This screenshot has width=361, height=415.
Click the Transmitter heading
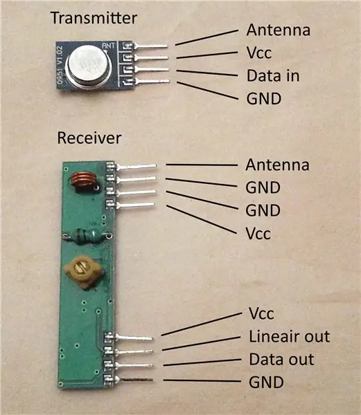(94, 18)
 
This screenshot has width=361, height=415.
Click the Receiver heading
(89, 138)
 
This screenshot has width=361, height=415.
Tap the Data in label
(273, 75)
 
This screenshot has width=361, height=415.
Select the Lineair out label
(290, 336)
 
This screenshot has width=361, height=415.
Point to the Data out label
(281, 360)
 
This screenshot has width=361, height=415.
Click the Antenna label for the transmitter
(279, 30)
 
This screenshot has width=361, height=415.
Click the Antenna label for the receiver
(278, 165)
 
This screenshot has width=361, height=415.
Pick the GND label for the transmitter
(264, 99)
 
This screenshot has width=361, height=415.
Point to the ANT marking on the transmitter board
(108, 46)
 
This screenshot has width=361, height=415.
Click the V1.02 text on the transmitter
(60, 55)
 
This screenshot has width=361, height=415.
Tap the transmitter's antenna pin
(152, 46)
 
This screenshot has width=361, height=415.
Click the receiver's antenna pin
(137, 167)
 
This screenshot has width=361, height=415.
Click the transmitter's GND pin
(152, 81)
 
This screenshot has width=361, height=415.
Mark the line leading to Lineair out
(201, 344)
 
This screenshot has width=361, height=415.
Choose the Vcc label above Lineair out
(261, 313)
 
